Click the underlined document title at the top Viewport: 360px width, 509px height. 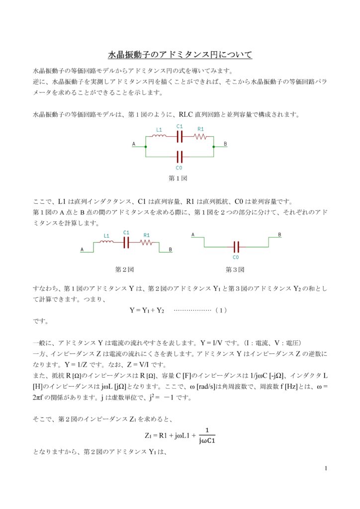point(180,54)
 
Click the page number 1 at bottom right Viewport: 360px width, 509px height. point(325,468)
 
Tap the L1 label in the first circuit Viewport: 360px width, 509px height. point(159,130)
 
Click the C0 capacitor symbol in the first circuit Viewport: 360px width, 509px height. point(180,157)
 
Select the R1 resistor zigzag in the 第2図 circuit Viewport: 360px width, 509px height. point(146,243)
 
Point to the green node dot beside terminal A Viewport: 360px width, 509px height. point(145,147)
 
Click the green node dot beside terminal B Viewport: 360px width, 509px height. point(213,147)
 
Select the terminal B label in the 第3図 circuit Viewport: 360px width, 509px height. point(279,235)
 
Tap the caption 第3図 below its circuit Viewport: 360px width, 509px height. point(235,269)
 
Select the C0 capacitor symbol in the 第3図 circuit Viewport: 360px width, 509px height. point(236,247)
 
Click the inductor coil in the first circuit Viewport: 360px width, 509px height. point(159,136)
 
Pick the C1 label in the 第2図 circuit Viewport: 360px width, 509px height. point(126,233)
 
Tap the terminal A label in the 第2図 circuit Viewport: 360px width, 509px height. point(82,250)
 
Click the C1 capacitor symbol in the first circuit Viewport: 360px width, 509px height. point(180,136)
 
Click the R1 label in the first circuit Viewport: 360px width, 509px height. point(200,129)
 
